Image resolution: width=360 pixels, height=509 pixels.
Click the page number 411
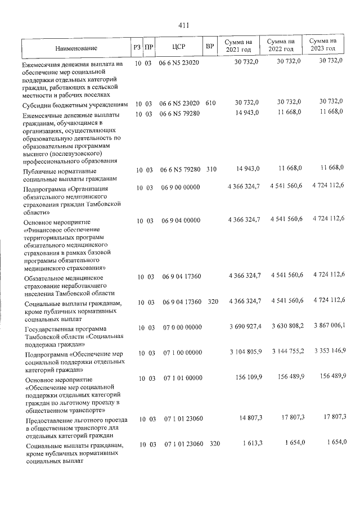pyautogui.click(x=184, y=25)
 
